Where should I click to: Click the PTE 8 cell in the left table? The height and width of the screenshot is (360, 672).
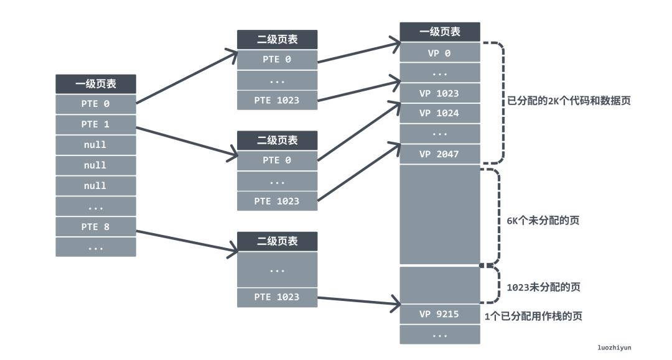95,227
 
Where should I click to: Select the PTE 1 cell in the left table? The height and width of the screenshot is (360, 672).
95,124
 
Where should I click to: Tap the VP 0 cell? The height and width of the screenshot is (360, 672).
439,53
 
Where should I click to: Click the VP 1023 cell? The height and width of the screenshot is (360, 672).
439,93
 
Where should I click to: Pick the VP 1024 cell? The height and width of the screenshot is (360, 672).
439,113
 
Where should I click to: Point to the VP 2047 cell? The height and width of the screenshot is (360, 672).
439,154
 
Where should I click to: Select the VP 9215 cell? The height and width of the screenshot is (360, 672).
439,314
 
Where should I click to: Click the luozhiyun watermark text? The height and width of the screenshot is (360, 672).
614,348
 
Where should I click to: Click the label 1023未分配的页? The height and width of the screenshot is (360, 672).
544,287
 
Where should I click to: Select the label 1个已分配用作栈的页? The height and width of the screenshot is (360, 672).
533,316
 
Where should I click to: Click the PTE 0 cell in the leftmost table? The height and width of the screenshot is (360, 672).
95,104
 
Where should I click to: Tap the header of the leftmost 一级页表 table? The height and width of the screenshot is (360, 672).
95,84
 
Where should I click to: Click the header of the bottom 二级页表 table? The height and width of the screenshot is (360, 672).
277,241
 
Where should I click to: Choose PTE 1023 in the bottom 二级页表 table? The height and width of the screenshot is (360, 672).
277,297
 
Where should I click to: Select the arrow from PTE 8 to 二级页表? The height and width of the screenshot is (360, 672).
187,242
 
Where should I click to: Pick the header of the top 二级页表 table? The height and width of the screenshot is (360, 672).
277,40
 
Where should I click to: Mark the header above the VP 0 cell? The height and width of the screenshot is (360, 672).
439,32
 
